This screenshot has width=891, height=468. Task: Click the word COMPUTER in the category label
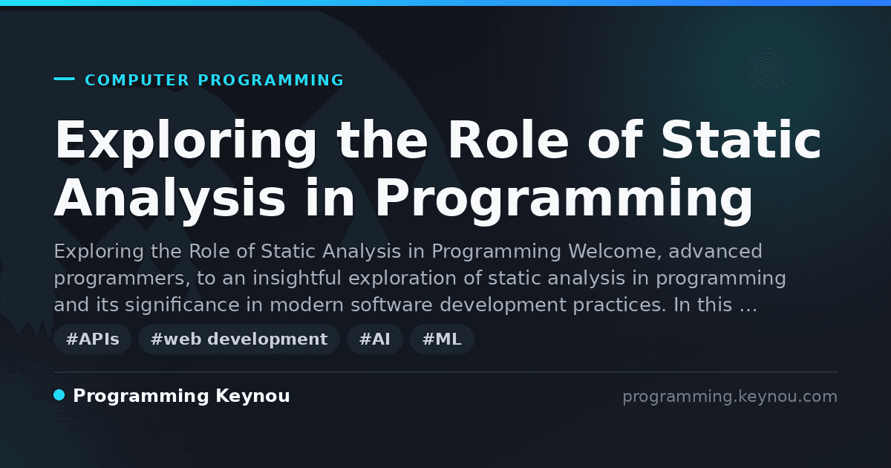coord(137,80)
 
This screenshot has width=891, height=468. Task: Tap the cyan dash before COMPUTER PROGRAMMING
coord(65,79)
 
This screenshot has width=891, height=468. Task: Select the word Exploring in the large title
coord(186,143)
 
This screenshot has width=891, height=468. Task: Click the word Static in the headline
coord(741,140)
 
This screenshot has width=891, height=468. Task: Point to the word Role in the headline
coord(509,140)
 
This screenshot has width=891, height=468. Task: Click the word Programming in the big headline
coord(564,201)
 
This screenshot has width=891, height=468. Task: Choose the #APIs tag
coord(92,339)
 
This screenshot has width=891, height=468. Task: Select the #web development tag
coord(238,339)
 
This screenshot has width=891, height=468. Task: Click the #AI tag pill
coord(375,339)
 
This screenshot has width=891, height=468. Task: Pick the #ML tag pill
coord(442,339)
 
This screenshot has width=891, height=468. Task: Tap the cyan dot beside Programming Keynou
coord(59,395)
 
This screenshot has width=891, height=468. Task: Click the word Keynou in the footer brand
coord(252,396)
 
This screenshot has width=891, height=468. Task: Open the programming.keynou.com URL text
coord(730,397)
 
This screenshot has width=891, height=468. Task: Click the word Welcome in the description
coord(615,252)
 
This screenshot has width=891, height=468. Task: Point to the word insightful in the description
coord(297,278)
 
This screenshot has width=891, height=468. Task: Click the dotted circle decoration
coord(767,72)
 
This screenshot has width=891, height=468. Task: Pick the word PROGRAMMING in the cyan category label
coord(270,80)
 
